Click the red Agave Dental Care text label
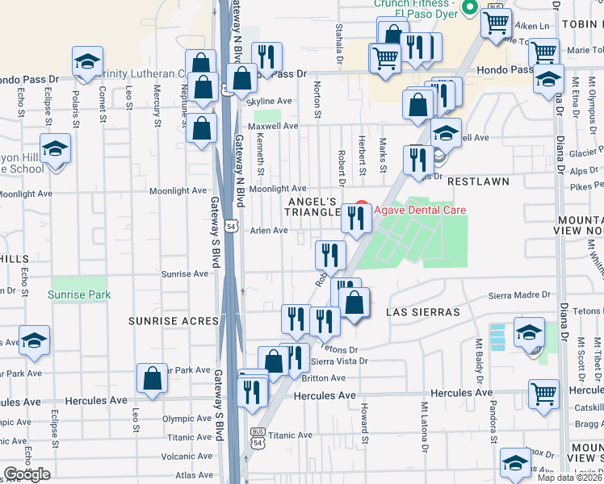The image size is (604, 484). click(420, 211)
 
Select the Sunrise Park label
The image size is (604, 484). click(78, 295)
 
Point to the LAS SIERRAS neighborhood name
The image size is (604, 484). click(422, 312)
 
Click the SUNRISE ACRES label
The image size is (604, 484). click(174, 321)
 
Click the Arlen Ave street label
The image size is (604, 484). click(269, 231)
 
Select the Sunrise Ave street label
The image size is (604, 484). click(185, 274)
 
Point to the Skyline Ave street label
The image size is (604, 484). click(269, 101)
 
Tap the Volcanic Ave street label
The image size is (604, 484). click(186, 456)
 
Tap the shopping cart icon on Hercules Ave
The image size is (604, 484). click(544, 394)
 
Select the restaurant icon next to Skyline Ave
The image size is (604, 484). click(266, 56)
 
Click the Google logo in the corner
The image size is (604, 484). click(27, 474)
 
